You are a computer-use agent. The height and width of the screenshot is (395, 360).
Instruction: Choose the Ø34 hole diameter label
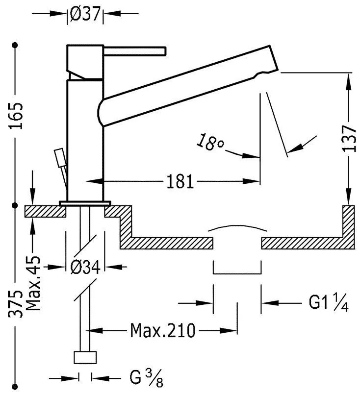tap(85, 267)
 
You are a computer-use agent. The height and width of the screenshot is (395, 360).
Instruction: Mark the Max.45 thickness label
tap(33, 283)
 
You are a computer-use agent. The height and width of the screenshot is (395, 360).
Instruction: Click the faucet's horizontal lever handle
tap(135, 50)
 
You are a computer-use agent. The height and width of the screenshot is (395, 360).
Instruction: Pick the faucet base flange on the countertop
tap(85, 202)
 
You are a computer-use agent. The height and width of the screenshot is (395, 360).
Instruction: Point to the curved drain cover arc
tap(237, 228)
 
